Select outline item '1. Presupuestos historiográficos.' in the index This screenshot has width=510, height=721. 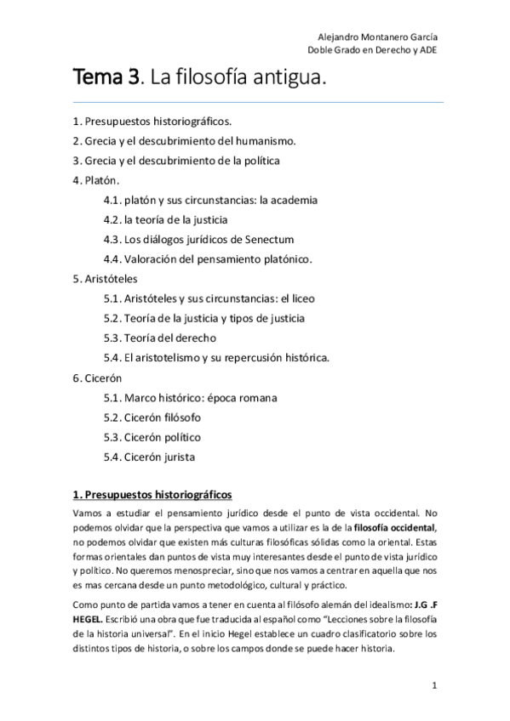[152, 122]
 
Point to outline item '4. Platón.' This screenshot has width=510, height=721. [96, 180]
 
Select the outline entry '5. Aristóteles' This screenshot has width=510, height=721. [105, 278]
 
